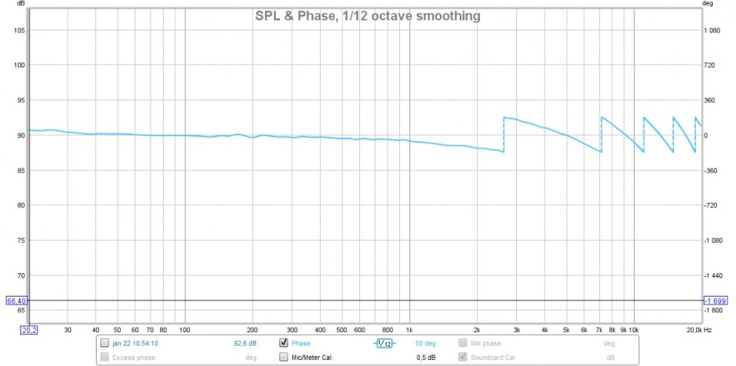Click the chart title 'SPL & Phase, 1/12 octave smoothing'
367,16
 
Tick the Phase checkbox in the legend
284,343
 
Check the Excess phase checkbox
104,357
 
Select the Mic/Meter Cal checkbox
284,357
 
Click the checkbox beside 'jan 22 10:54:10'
104,343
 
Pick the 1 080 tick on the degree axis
713,30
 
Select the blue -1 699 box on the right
714,300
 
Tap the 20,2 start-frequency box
29,330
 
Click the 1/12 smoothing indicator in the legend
385,344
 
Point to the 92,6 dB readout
245,343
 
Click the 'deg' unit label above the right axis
708,4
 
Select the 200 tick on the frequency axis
252,330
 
